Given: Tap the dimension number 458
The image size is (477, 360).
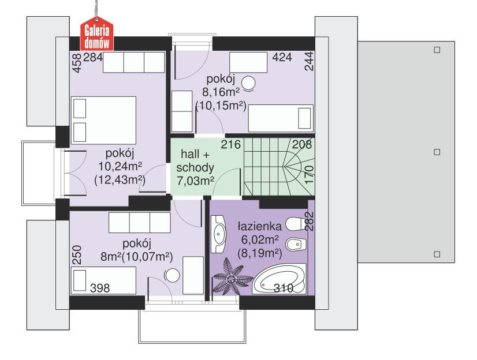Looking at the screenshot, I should [75, 63].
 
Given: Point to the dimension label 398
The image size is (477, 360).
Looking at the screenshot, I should [100, 287].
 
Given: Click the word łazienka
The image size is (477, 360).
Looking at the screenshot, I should [259, 226].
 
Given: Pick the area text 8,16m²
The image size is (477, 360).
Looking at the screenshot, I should [219, 92].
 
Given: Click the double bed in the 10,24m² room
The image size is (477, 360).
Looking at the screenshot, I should [103, 118].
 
